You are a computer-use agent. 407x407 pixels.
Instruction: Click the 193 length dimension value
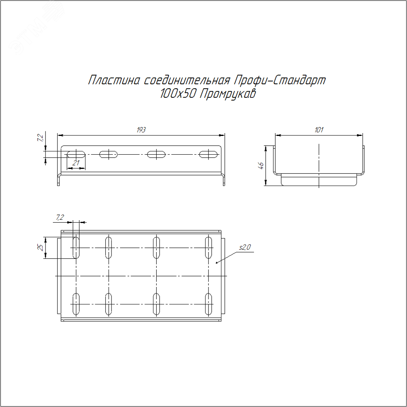(141, 130)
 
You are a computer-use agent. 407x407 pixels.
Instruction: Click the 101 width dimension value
(319, 130)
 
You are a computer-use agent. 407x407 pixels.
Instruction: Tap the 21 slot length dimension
(76, 163)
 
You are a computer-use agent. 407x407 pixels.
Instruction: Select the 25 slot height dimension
(41, 247)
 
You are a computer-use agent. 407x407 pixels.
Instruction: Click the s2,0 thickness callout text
(245, 247)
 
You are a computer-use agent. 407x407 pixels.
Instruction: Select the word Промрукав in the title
(228, 94)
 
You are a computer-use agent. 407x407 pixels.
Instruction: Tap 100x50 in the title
(178, 94)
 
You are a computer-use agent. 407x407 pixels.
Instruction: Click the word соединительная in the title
(187, 80)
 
